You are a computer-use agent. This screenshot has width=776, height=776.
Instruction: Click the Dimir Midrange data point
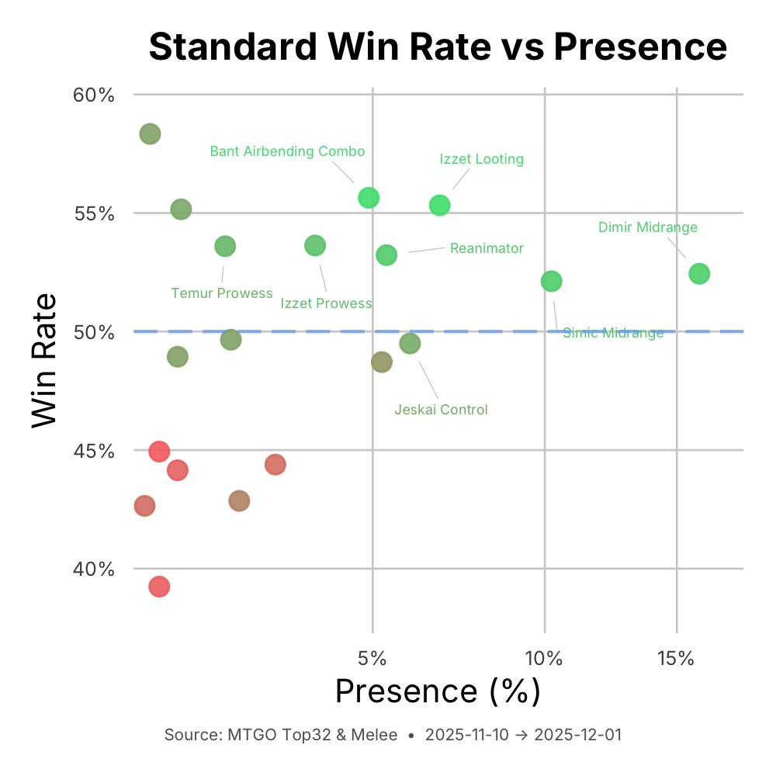click(699, 274)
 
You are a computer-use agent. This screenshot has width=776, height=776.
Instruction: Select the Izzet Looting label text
click(481, 159)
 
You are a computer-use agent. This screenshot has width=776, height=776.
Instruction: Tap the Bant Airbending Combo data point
click(369, 198)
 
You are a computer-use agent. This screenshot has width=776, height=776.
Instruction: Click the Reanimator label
click(487, 248)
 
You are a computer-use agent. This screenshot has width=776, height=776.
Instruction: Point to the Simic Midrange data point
click(551, 281)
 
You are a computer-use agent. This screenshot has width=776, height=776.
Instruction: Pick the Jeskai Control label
click(441, 410)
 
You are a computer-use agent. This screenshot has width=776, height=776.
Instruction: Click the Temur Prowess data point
click(225, 247)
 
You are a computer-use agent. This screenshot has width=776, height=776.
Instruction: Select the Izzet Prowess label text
click(326, 303)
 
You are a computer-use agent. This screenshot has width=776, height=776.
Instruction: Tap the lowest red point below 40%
click(159, 587)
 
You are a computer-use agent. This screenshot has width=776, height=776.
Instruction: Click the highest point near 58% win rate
click(150, 134)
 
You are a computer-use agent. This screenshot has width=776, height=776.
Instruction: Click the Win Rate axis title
click(45, 359)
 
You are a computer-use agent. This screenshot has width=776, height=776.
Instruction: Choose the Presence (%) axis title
click(437, 691)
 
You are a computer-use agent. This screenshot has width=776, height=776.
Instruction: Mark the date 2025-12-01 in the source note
click(577, 735)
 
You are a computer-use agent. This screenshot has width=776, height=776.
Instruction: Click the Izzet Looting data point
click(440, 206)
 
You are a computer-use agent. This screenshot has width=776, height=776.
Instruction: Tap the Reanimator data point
click(386, 255)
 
